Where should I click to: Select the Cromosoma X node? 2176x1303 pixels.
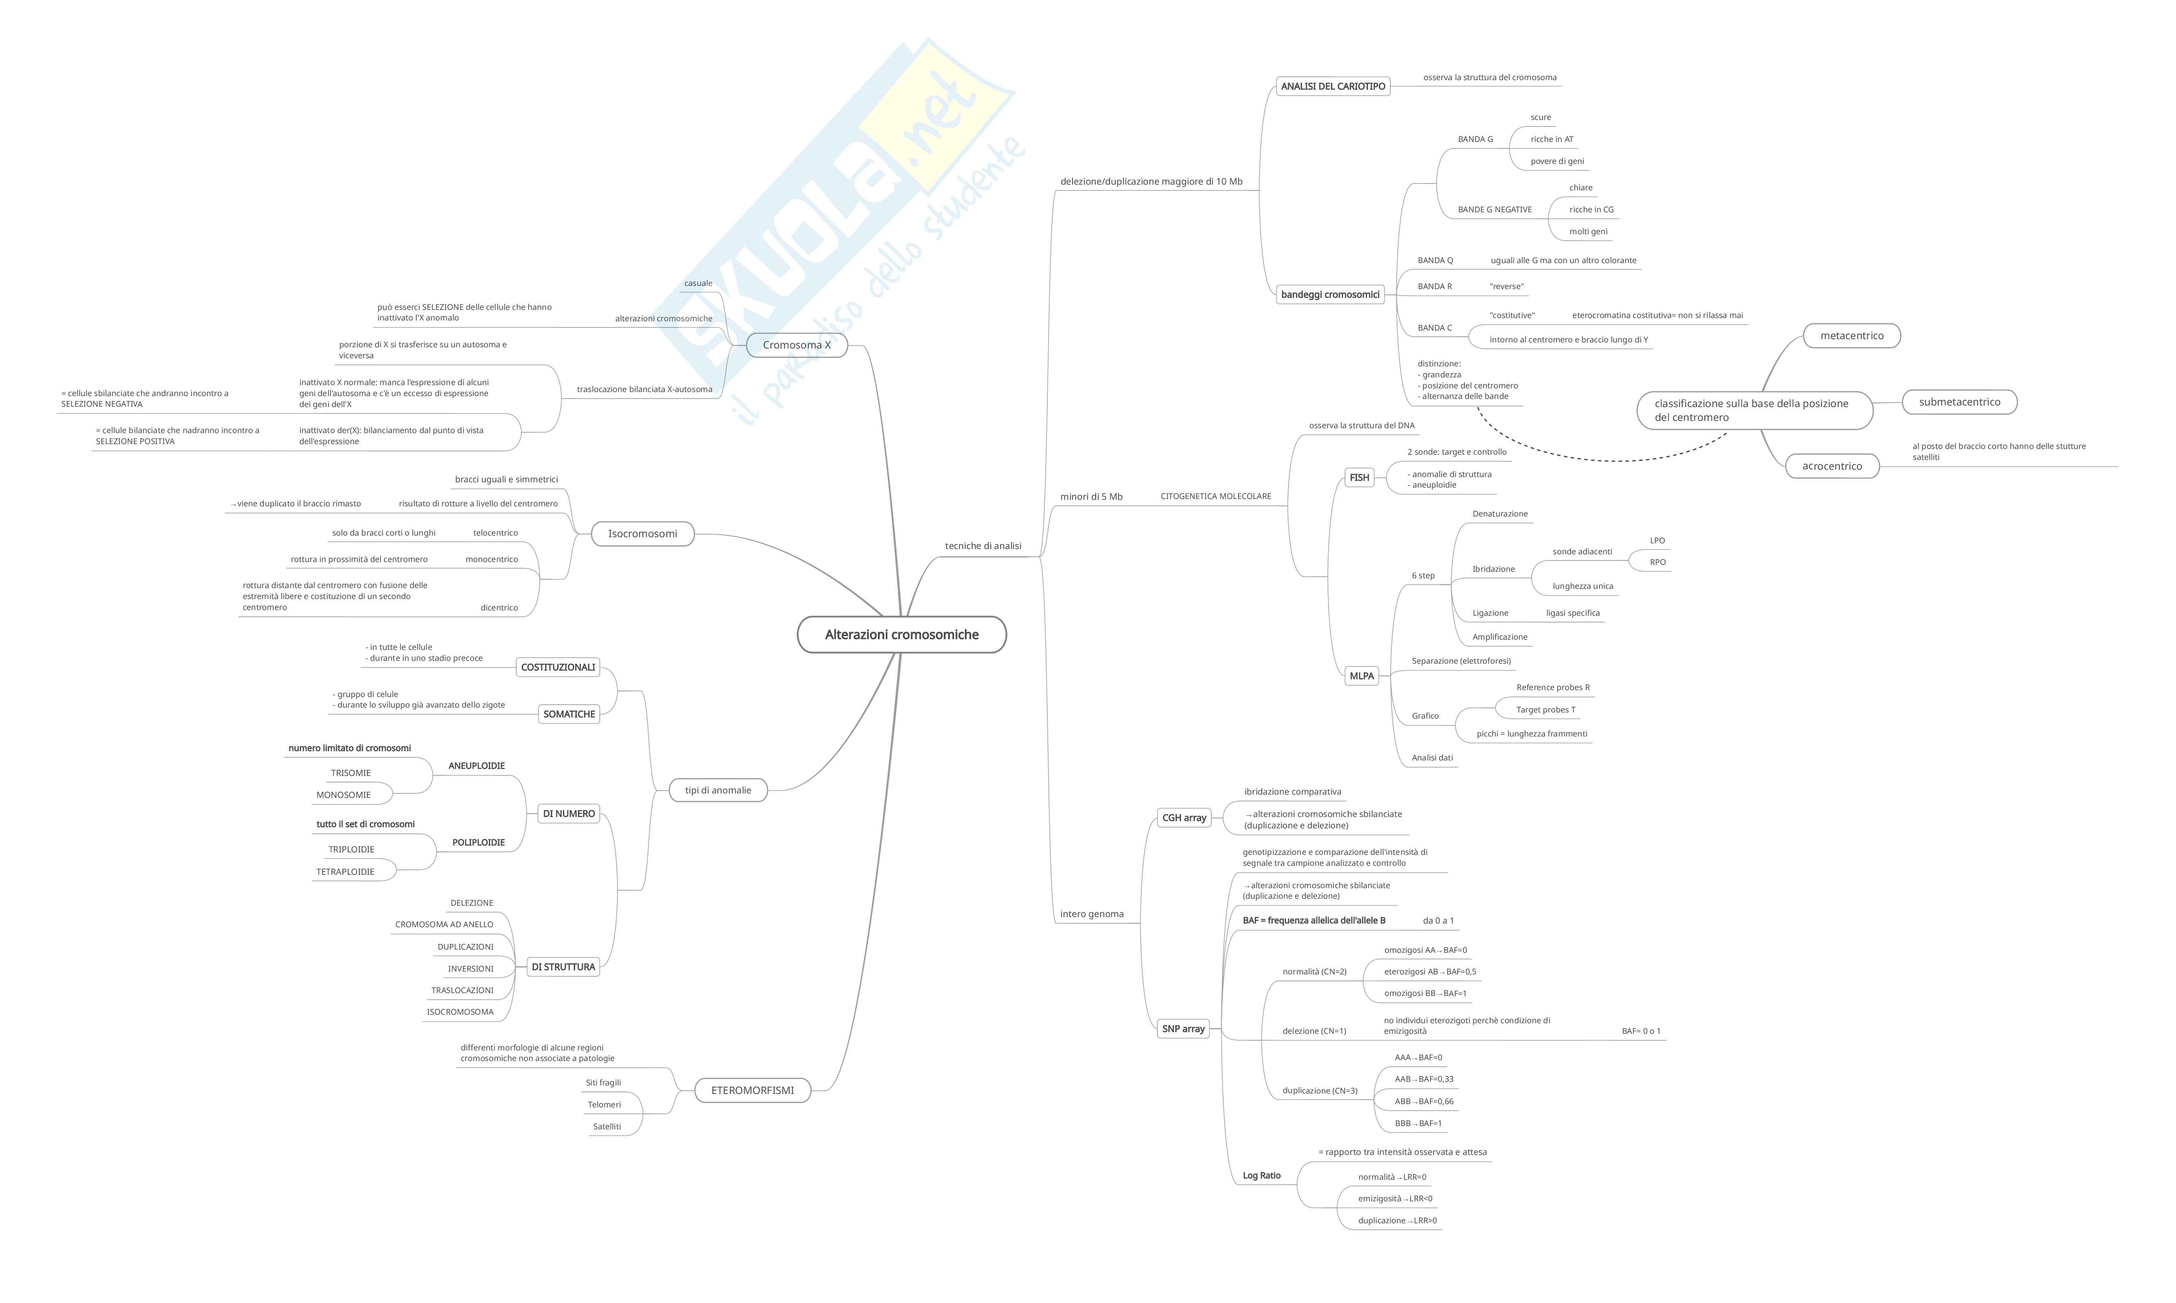point(796,345)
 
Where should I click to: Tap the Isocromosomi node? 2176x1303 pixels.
point(643,534)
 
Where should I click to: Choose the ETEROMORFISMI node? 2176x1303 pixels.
point(752,1091)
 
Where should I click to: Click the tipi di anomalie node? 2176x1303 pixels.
point(718,790)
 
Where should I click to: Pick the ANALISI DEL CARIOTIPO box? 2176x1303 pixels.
point(1333,86)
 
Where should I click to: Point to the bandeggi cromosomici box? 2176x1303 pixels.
point(1330,295)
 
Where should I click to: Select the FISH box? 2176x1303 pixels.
point(1359,478)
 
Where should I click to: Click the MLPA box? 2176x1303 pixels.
point(1361,676)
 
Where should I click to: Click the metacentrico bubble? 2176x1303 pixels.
point(1852,336)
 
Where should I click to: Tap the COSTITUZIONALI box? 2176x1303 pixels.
point(558,667)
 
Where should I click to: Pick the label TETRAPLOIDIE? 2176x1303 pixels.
point(345,872)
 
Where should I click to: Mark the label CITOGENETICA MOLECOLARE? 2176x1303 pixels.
point(1215,496)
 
